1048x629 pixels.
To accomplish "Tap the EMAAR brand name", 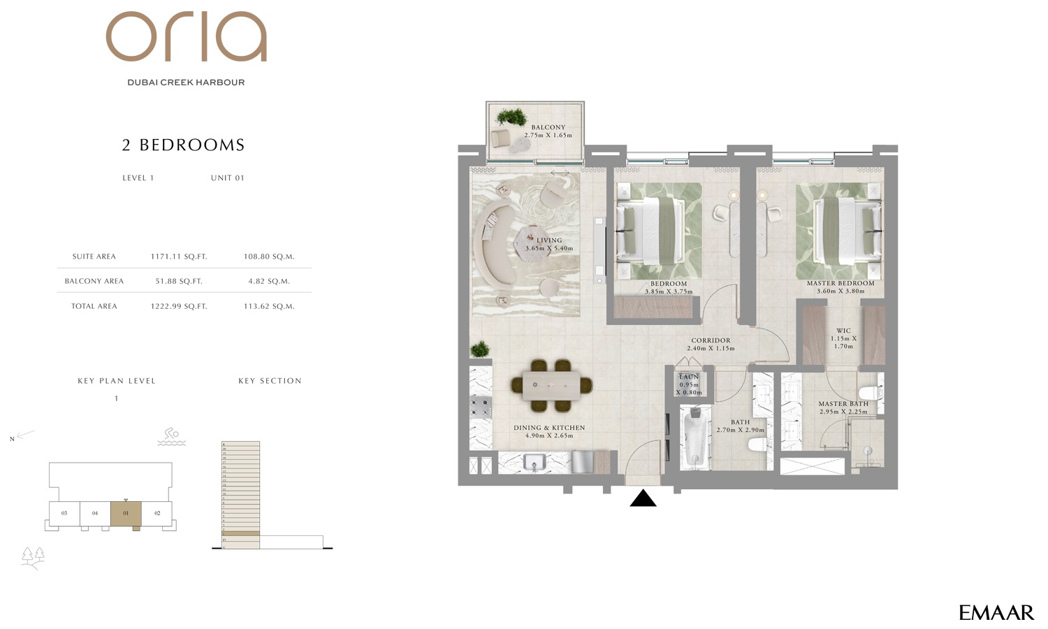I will pyautogui.click(x=996, y=613).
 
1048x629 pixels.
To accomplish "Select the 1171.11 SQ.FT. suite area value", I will pyautogui.click(x=179, y=256).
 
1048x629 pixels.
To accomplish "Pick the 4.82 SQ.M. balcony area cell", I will pyautogui.click(x=269, y=281).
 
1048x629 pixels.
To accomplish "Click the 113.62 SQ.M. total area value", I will pyautogui.click(x=269, y=306).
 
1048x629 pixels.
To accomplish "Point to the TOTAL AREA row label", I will pyautogui.click(x=94, y=306).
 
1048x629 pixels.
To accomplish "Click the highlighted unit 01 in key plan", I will pyautogui.click(x=126, y=514).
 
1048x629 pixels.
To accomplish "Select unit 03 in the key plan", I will pyautogui.click(x=64, y=514).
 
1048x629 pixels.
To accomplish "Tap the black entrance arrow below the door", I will pyautogui.click(x=643, y=498).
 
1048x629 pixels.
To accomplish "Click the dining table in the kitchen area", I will pyautogui.click(x=551, y=385).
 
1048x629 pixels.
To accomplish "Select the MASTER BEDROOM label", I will pyautogui.click(x=840, y=283).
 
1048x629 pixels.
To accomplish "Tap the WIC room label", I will pyautogui.click(x=843, y=331).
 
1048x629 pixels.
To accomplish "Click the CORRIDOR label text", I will pyautogui.click(x=711, y=340).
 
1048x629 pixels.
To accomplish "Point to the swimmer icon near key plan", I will pyautogui.click(x=171, y=437).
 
